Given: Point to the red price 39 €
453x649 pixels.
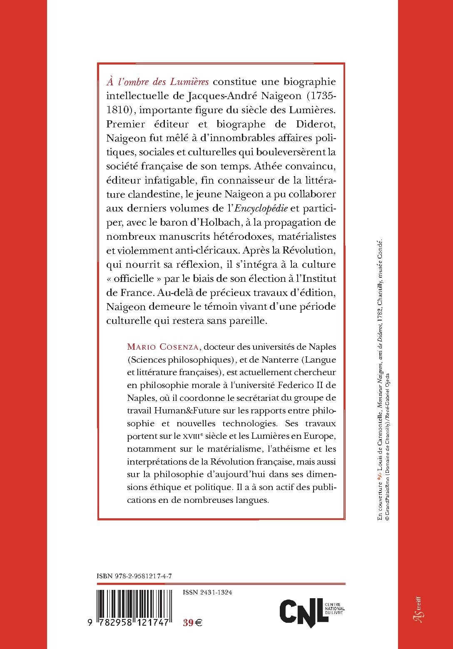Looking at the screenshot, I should (192, 623).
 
